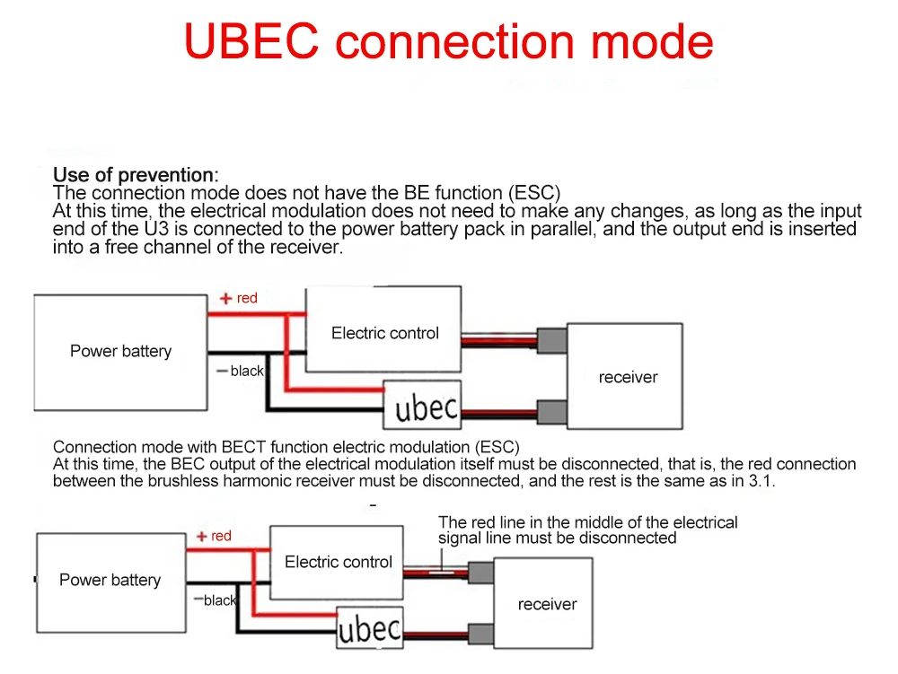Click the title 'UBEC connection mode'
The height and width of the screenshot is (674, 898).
pos(448,41)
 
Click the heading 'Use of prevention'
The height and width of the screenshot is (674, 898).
pos(134,175)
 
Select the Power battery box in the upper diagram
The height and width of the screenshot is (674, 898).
pos(120,352)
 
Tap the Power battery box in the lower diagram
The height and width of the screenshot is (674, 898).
pos(110,581)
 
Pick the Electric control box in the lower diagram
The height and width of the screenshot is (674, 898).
pos(339,563)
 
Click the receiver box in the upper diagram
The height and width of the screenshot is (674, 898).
pos(628,378)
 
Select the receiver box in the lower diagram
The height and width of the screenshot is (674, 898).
pos(547,605)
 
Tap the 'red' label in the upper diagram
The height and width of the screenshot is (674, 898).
pos(247,298)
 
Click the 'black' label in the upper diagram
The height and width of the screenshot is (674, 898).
pos(246,371)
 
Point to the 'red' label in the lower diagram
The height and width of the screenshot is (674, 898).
pos(221,536)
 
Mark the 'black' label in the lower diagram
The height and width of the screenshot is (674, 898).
pos(219,600)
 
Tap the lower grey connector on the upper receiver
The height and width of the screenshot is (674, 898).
pos(551,412)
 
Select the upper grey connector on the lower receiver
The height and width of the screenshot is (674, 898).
pos(480,573)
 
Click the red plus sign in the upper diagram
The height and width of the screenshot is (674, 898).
pos(225,299)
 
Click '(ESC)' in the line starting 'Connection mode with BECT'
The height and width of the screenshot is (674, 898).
pos(496,447)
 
